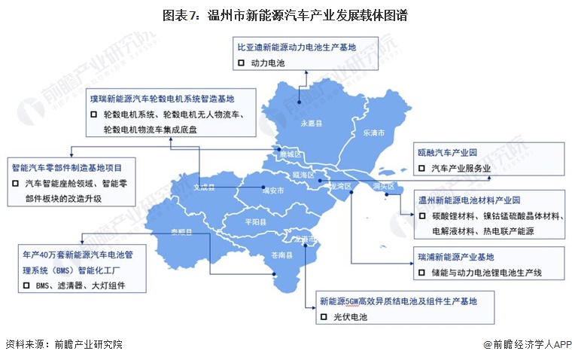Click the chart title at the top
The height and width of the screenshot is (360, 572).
[285, 16]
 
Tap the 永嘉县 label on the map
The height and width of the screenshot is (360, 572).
[311, 122]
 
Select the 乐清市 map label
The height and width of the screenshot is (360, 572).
[374, 132]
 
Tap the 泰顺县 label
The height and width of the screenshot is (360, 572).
[182, 233]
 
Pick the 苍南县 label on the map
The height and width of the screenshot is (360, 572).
[281, 256]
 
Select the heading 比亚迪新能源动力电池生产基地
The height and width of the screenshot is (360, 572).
[297, 47]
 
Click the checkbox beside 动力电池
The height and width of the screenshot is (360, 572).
[241, 63]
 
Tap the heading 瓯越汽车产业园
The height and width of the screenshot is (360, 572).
[447, 151]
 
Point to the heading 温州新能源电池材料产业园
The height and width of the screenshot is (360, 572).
[469, 200]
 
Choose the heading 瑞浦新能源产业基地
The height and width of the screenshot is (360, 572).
[455, 256]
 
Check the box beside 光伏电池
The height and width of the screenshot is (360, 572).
[324, 317]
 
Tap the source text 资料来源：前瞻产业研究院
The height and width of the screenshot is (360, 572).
[63, 345]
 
